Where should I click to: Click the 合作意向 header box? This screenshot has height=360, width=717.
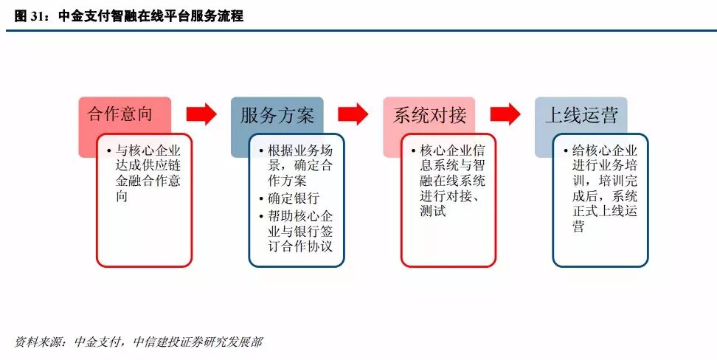pyautogui.click(x=124, y=114)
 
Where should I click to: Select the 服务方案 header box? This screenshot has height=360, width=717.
pyautogui.click(x=277, y=114)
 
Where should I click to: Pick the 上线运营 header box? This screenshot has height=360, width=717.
pyautogui.click(x=581, y=114)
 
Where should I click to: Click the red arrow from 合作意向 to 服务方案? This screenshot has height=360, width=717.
pyautogui.click(x=201, y=114)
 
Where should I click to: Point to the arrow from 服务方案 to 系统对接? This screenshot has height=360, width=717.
pyautogui.click(x=353, y=114)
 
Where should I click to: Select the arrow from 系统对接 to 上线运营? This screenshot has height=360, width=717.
pyautogui.click(x=505, y=114)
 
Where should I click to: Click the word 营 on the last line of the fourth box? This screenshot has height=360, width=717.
pyautogui.click(x=578, y=227)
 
